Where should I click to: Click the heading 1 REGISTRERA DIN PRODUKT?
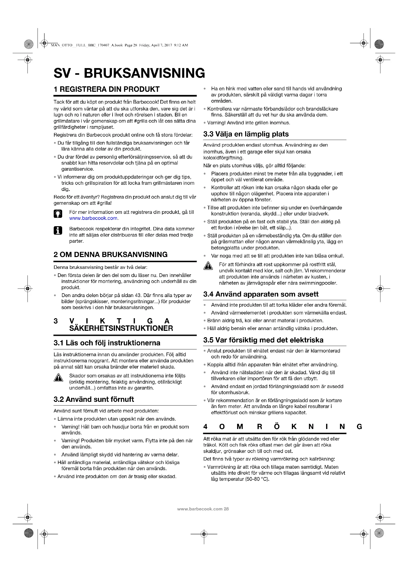(107, 89)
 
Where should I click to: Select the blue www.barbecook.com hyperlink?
(93, 218)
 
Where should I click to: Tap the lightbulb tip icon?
(58, 214)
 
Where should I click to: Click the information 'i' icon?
(58, 230)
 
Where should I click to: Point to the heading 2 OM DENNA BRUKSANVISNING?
(111, 254)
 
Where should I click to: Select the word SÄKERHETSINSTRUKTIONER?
(121, 328)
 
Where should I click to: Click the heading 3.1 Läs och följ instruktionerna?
(107, 343)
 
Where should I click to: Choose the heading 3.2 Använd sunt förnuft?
(94, 399)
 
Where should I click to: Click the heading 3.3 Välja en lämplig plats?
(246, 134)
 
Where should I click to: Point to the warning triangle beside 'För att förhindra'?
(208, 266)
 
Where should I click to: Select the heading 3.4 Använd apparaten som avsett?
(261, 294)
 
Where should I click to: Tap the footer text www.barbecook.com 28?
(203, 509)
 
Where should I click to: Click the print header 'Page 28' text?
(131, 45)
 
